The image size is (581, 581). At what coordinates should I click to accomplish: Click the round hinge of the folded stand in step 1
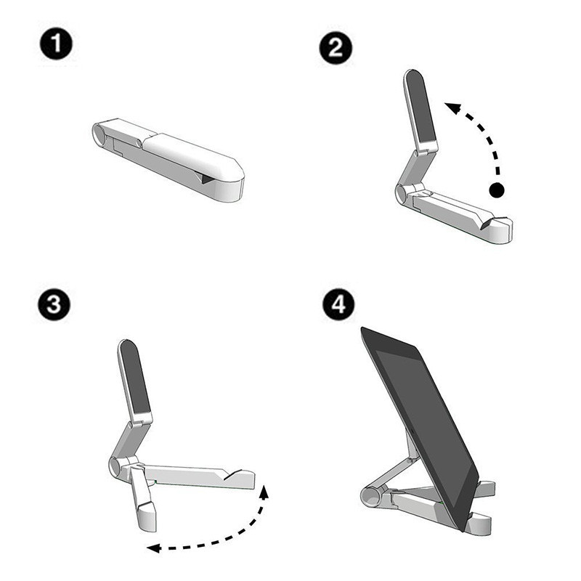click(99, 134)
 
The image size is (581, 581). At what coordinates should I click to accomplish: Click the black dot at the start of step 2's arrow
click(497, 191)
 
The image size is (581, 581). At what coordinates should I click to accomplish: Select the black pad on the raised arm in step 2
click(420, 106)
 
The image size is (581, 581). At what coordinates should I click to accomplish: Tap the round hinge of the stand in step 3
click(116, 466)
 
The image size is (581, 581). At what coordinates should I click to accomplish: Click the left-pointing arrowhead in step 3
click(150, 548)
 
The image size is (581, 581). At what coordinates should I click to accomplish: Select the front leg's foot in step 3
click(145, 520)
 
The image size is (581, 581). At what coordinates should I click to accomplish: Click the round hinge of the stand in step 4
click(370, 497)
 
